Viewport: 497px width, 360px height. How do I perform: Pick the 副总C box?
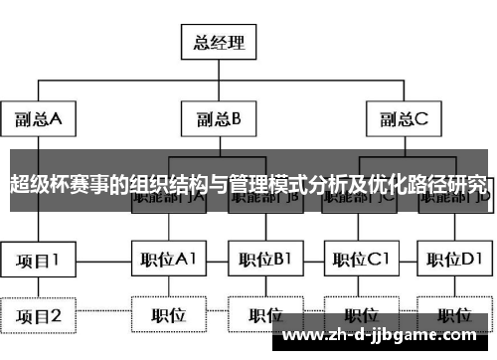click(x=403, y=120)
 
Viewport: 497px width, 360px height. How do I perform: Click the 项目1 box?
click(x=39, y=261)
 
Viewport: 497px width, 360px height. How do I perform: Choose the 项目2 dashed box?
click(x=39, y=316)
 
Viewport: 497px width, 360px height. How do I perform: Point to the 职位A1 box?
click(x=169, y=261)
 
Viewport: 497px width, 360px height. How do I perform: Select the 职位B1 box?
click(x=263, y=261)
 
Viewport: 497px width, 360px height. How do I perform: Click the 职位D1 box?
click(x=454, y=261)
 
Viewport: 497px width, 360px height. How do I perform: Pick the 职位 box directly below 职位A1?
click(x=169, y=316)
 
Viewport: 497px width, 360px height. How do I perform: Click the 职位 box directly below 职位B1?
click(x=263, y=316)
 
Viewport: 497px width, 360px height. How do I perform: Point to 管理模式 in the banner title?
click(x=261, y=184)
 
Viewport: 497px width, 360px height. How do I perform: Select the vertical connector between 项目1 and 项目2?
click(x=39, y=288)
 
